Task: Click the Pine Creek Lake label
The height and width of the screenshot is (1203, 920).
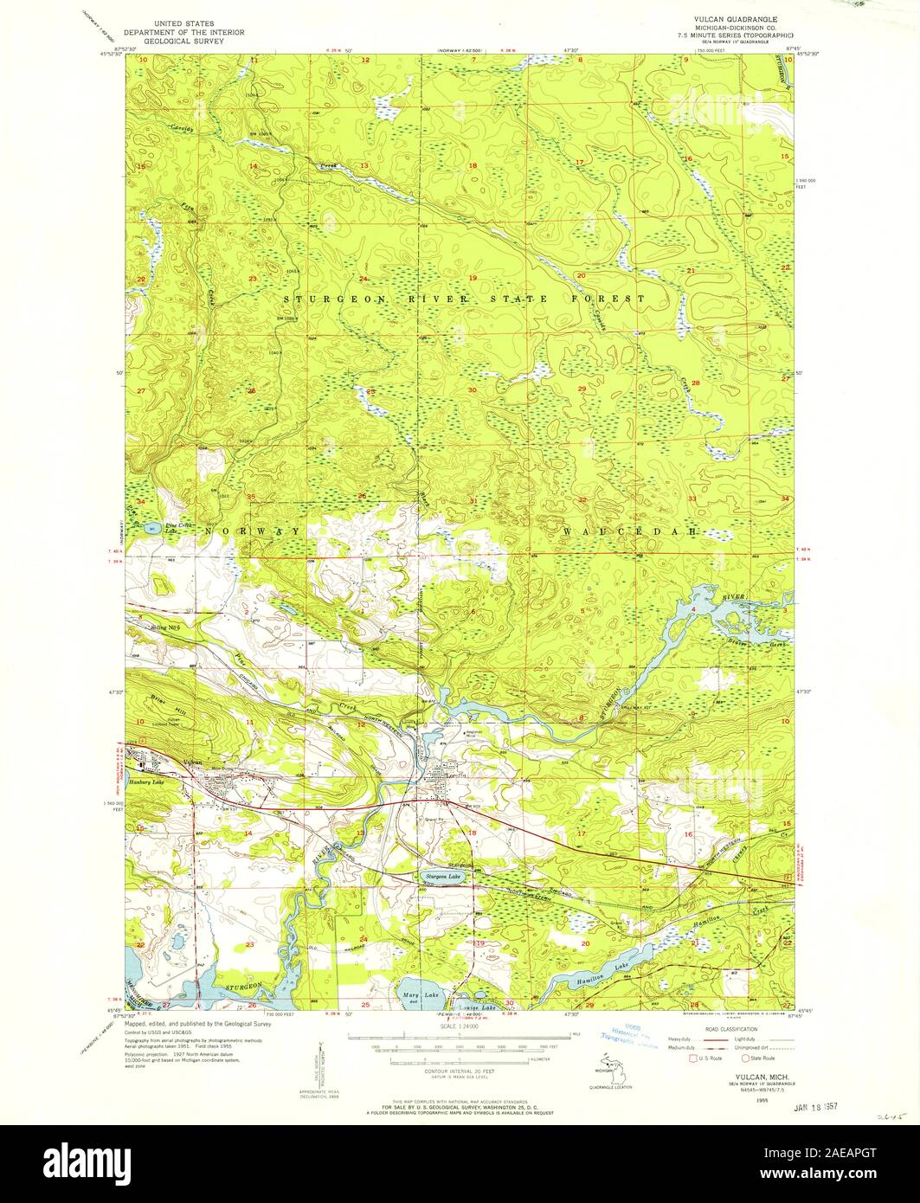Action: (x=165, y=524)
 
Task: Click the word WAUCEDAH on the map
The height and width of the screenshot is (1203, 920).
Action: (x=629, y=530)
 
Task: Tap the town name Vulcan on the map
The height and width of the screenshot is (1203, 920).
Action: (x=192, y=762)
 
